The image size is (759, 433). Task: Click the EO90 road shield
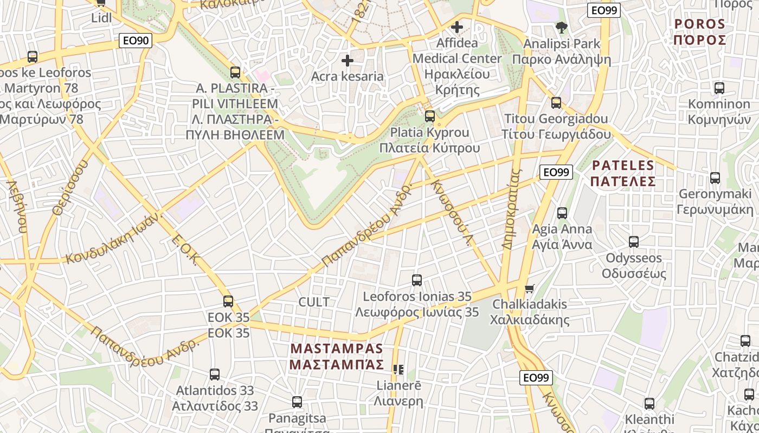pyautogui.click(x=136, y=40)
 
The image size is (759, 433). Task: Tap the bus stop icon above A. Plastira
pyautogui.click(x=235, y=72)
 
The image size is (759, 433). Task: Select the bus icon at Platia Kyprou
pyautogui.click(x=430, y=116)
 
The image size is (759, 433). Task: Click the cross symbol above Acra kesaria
pyautogui.click(x=348, y=60)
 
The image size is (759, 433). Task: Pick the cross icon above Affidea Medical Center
pyautogui.click(x=457, y=27)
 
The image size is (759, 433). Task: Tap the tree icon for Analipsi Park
pyautogui.click(x=561, y=27)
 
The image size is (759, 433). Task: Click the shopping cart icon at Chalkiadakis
pyautogui.click(x=529, y=288)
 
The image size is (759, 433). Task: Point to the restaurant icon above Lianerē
pyautogui.click(x=398, y=370)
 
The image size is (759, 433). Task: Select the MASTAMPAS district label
pyautogui.click(x=336, y=356)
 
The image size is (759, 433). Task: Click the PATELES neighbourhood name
pyautogui.click(x=623, y=173)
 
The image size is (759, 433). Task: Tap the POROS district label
pyautogui.click(x=699, y=32)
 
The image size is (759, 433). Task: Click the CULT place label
pyautogui.click(x=314, y=302)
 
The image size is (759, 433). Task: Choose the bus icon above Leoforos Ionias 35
pyautogui.click(x=416, y=280)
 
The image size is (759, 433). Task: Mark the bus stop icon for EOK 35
pyautogui.click(x=228, y=301)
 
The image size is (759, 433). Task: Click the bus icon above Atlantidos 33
pyautogui.click(x=215, y=374)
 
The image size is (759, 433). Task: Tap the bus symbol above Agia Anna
pyautogui.click(x=562, y=213)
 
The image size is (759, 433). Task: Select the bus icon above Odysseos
pyautogui.click(x=634, y=242)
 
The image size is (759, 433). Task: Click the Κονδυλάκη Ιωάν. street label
pyautogui.click(x=114, y=238)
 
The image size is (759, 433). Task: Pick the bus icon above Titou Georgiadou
pyautogui.click(x=556, y=103)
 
